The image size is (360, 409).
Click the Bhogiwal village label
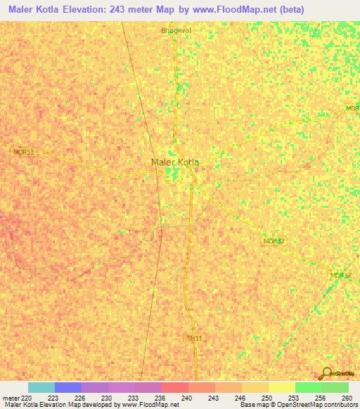pos(176,30)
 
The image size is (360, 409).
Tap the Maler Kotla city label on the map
pos(175,162)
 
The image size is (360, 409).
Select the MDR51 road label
pos(23,152)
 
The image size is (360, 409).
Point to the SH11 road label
pos(194,338)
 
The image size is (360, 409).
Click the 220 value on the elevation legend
pos(27,398)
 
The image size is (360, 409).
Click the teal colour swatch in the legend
pos(41,387)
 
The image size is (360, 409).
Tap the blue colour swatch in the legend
pos(68,387)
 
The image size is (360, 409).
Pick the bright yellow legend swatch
pos(282,387)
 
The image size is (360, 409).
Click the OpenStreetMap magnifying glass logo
pos(327,372)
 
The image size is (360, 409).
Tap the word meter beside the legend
pos(11,398)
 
